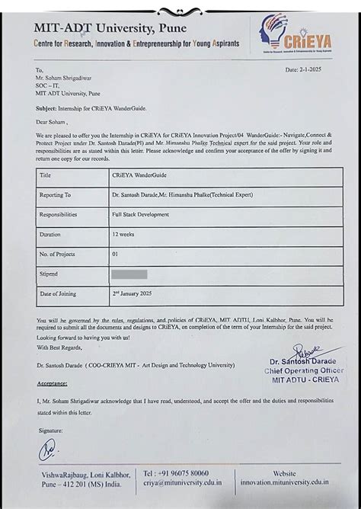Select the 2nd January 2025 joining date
pyautogui.click(x=139, y=293)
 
